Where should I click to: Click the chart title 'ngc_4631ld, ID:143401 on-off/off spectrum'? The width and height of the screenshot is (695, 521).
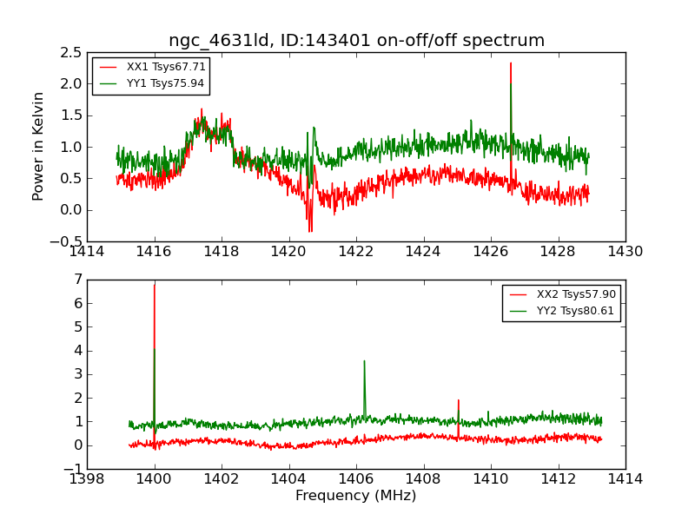356,41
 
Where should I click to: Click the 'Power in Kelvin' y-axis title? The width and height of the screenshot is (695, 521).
38,146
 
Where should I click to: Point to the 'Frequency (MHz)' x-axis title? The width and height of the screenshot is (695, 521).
356,496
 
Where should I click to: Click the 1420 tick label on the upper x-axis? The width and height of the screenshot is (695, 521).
289,252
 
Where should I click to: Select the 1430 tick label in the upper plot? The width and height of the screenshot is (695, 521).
625,252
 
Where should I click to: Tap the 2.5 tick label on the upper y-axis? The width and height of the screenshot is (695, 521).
71,52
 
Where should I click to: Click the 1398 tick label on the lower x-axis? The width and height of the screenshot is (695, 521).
88,479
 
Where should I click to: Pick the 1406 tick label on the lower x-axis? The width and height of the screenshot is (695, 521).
356,479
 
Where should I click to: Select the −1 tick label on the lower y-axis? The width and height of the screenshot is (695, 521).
73,469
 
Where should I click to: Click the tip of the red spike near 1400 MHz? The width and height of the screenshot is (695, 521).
155,285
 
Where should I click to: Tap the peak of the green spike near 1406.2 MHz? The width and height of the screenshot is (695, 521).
364,361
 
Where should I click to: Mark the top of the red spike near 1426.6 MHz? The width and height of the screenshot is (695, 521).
511,63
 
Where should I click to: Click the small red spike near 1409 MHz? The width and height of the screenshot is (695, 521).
458,400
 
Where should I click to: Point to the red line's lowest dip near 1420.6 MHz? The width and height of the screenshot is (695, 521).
309,231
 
